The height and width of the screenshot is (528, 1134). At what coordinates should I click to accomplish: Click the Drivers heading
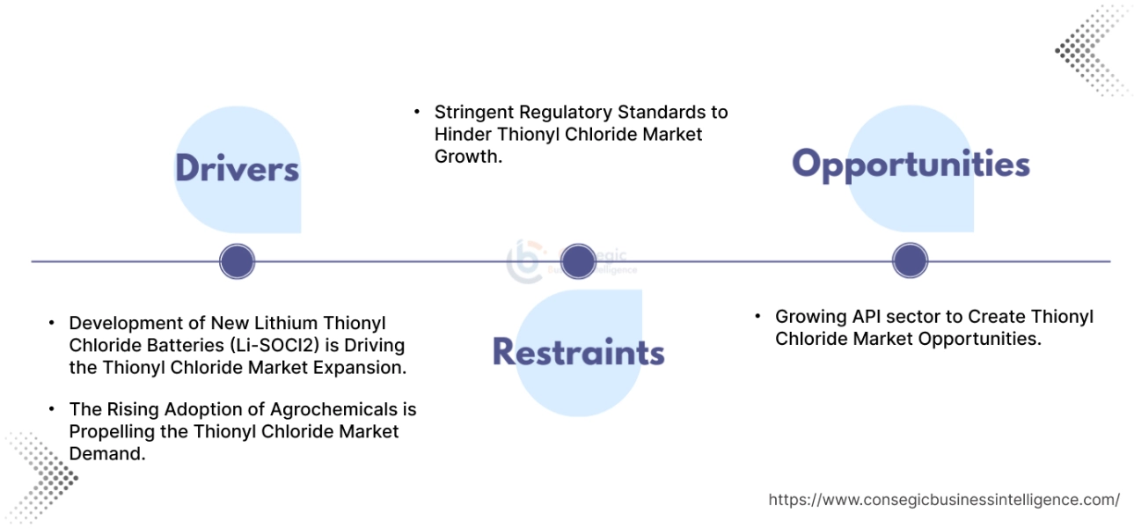[237, 168]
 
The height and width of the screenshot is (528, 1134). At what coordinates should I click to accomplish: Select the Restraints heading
[578, 351]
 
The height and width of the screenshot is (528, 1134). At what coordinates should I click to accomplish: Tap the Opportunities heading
[911, 165]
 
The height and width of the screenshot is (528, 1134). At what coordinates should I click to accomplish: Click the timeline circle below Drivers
[237, 261]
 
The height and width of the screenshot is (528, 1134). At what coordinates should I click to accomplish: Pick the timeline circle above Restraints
[578, 261]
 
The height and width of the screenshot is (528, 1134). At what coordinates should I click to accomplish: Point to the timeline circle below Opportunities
[910, 261]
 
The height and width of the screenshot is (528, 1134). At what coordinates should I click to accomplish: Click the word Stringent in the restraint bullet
[472, 113]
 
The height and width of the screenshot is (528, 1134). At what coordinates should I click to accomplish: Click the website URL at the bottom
[944, 500]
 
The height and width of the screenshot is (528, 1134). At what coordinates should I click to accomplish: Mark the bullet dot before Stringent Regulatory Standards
[417, 113]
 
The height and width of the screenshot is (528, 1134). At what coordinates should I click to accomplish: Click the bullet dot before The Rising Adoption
[52, 409]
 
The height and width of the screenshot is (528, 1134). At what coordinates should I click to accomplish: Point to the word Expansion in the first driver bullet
[364, 368]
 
